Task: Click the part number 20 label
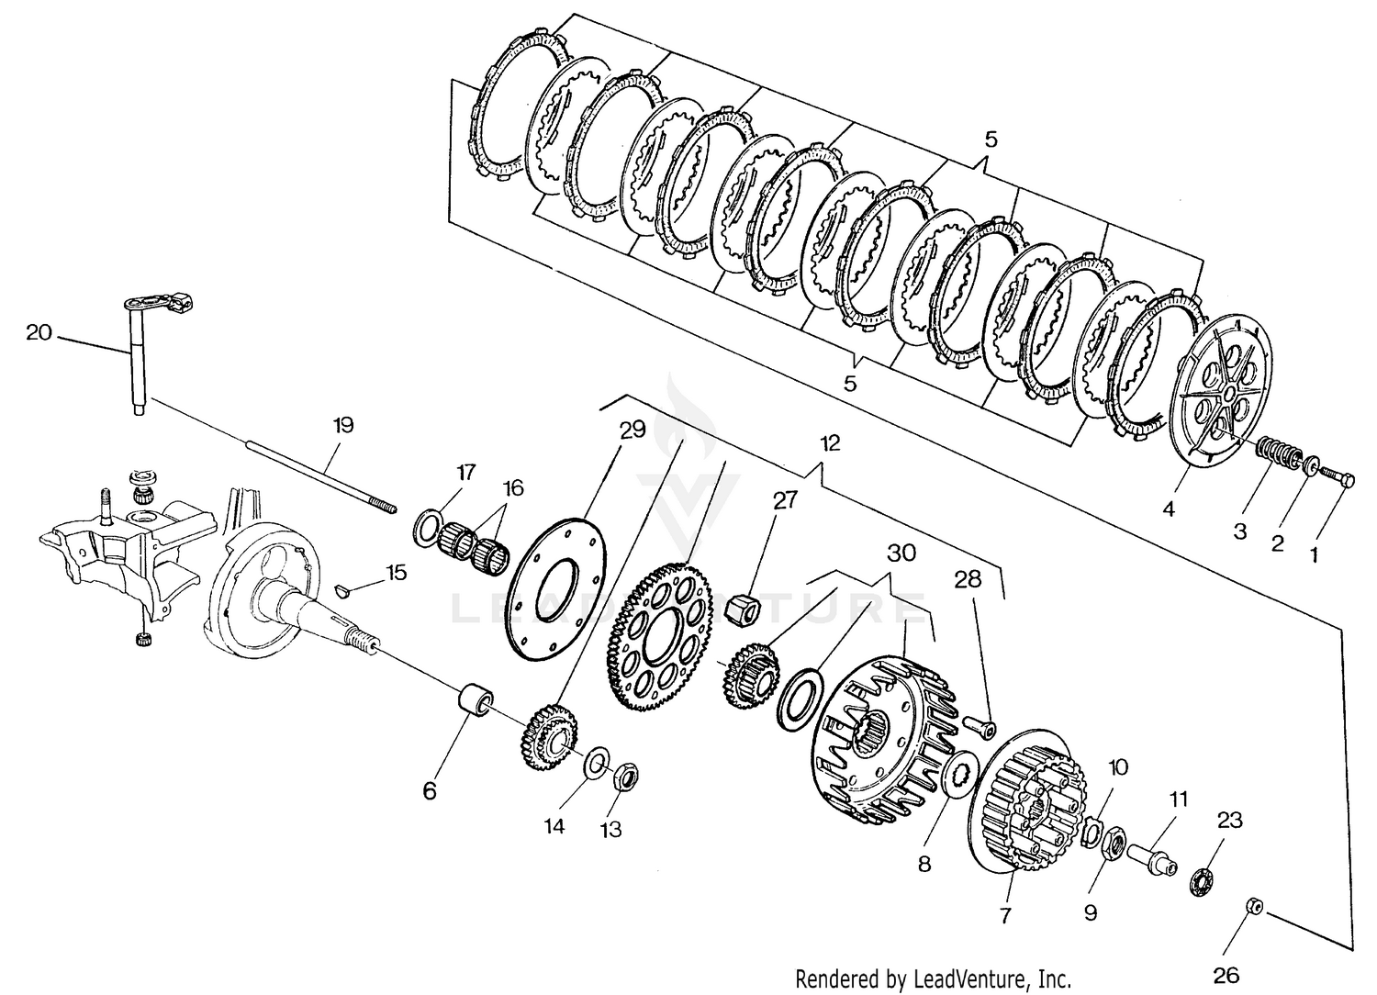[39, 332]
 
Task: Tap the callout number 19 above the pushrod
[343, 425]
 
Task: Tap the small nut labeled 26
[1254, 907]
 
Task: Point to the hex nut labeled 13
[624, 779]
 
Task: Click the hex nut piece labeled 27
[740, 608]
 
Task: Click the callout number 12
[830, 443]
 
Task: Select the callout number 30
[901, 553]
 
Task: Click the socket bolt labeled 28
[978, 725]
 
